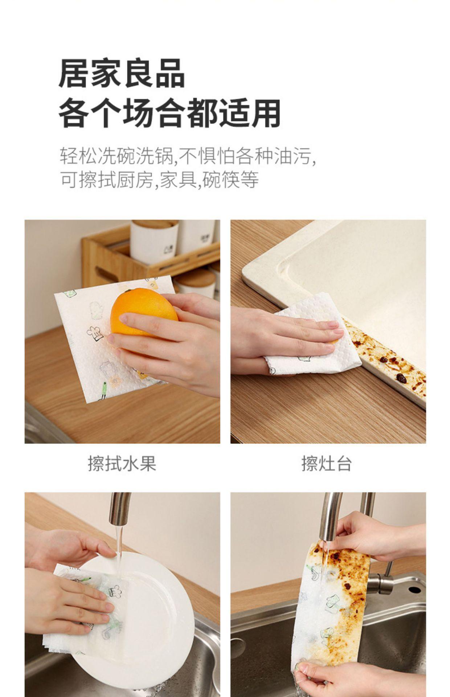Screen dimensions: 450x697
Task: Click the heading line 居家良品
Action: pos(122,74)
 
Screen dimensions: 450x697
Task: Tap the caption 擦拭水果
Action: pos(122,464)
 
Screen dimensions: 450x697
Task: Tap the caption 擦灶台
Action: pos(327,464)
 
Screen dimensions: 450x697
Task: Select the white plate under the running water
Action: pos(145,614)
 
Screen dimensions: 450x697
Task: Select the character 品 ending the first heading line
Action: pos(170,74)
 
